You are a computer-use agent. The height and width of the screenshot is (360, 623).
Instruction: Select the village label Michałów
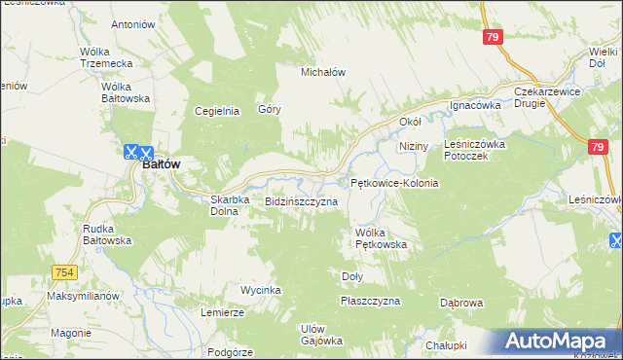click(324, 72)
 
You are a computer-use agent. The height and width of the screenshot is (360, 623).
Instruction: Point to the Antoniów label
click(133, 23)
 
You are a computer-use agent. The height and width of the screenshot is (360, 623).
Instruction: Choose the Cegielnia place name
click(217, 110)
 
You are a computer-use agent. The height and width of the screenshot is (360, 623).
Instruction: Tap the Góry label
click(270, 109)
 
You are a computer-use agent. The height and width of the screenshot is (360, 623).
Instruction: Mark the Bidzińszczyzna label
click(301, 201)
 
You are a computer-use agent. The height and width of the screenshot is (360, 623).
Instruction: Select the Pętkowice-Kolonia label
click(394, 183)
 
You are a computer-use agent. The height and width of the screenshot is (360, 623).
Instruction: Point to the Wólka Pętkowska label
click(381, 238)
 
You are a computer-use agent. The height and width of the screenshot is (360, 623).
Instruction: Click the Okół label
click(410, 122)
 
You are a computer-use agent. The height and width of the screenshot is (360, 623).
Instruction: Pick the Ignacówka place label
click(474, 104)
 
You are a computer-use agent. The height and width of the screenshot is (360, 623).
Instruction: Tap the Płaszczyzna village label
click(370, 301)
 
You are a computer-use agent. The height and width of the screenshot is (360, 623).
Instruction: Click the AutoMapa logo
click(560, 342)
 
